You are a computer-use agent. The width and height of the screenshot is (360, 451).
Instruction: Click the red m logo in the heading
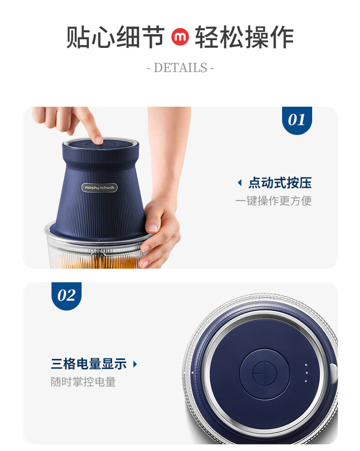[180, 37]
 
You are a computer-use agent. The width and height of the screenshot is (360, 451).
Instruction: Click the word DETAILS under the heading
[180, 68]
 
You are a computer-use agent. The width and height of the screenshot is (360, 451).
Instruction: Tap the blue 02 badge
[67, 295]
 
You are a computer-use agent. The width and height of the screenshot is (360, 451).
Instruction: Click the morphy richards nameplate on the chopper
[99, 188]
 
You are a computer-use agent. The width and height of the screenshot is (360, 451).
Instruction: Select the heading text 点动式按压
[280, 183]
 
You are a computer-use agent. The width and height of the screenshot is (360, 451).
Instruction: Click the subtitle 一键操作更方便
[273, 201]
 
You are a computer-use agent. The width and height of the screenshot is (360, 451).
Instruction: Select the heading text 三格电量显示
[89, 364]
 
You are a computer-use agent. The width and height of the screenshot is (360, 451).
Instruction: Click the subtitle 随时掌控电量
[83, 382]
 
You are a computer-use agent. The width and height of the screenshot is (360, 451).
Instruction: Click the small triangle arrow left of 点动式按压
[240, 183]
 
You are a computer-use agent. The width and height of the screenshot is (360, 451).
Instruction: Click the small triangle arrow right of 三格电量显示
[135, 364]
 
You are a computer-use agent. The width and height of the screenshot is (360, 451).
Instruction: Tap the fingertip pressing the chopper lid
[98, 140]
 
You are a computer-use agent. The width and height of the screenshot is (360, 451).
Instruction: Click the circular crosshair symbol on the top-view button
[265, 373]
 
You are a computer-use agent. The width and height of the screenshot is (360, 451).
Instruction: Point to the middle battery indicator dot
[307, 373]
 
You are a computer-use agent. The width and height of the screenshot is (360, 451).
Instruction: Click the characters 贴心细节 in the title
[115, 37]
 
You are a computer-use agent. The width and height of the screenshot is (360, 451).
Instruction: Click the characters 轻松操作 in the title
[244, 37]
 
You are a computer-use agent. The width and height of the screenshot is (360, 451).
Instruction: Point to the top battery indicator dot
[306, 365]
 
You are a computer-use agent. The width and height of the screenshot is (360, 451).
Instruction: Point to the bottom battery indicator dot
[306, 381]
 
